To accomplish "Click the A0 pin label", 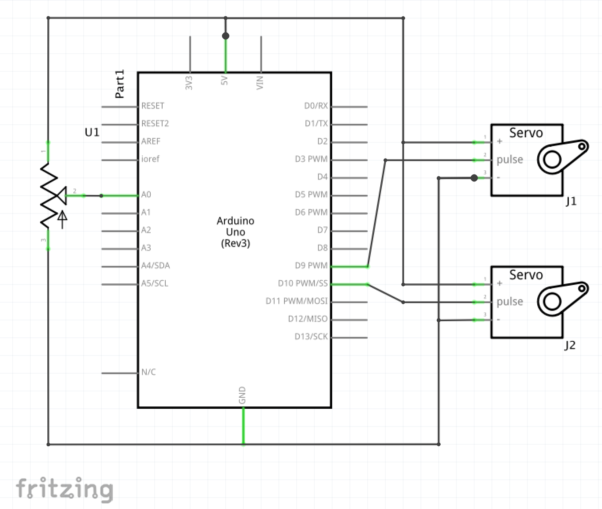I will [x=146, y=195].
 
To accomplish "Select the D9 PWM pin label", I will [x=311, y=266].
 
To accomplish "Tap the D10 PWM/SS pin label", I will [x=303, y=283].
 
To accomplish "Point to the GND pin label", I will [x=242, y=395].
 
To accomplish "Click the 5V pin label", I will [x=224, y=81].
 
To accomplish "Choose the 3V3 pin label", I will [x=189, y=83].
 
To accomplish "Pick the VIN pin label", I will [x=260, y=83].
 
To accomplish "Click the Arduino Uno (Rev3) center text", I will [x=236, y=232].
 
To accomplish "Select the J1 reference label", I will [x=571, y=202].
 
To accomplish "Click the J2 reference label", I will [x=570, y=346].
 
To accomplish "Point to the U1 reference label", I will [x=92, y=132].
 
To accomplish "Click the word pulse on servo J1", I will [x=510, y=159].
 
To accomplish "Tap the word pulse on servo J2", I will [x=510, y=301].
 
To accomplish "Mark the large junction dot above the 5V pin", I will [x=226, y=36].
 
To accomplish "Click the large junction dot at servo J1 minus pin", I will [x=474, y=178].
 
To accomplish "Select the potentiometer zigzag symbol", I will [x=49, y=195].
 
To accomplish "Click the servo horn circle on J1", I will [x=552, y=160].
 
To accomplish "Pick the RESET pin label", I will [x=153, y=106].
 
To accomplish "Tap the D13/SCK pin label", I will [x=311, y=337].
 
